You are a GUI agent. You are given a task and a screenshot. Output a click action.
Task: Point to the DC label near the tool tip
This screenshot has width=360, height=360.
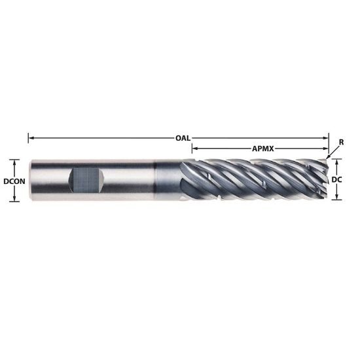point(338,179)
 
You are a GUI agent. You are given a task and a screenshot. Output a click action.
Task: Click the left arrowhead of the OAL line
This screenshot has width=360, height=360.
point(31,138)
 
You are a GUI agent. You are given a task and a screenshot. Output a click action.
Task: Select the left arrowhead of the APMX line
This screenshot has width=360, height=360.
point(194,149)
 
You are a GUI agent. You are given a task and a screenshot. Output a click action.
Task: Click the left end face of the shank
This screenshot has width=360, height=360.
point(29,180)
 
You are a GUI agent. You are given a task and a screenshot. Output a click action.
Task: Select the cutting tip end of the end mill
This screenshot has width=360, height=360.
point(325,179)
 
